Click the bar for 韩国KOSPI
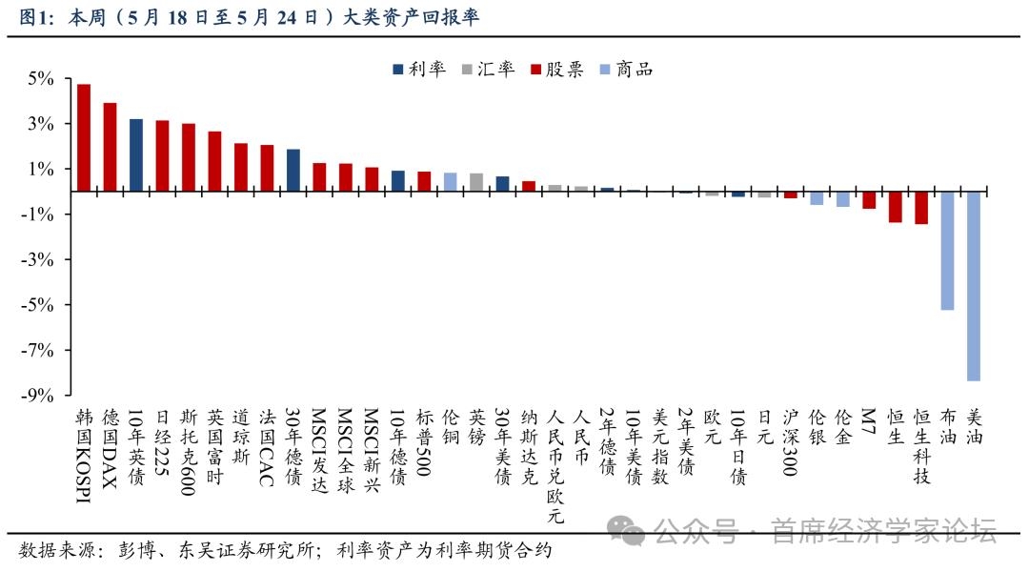coord(83,138)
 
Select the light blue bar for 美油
coord(973,286)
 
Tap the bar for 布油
coord(947,251)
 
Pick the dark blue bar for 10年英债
coord(136,155)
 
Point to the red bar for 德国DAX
coord(110,147)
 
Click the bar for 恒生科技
coord(920,208)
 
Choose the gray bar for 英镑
coord(476,183)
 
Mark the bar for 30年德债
coord(293,171)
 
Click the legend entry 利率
coord(419,69)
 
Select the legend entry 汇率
coord(488,69)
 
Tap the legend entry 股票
coord(557,69)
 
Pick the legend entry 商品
coord(627,69)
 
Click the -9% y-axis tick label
coord(37,396)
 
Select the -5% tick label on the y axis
coord(37,305)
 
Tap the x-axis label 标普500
coord(424,442)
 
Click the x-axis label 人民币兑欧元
coord(555,466)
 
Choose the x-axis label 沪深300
coord(790,442)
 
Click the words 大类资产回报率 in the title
coord(412,16)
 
